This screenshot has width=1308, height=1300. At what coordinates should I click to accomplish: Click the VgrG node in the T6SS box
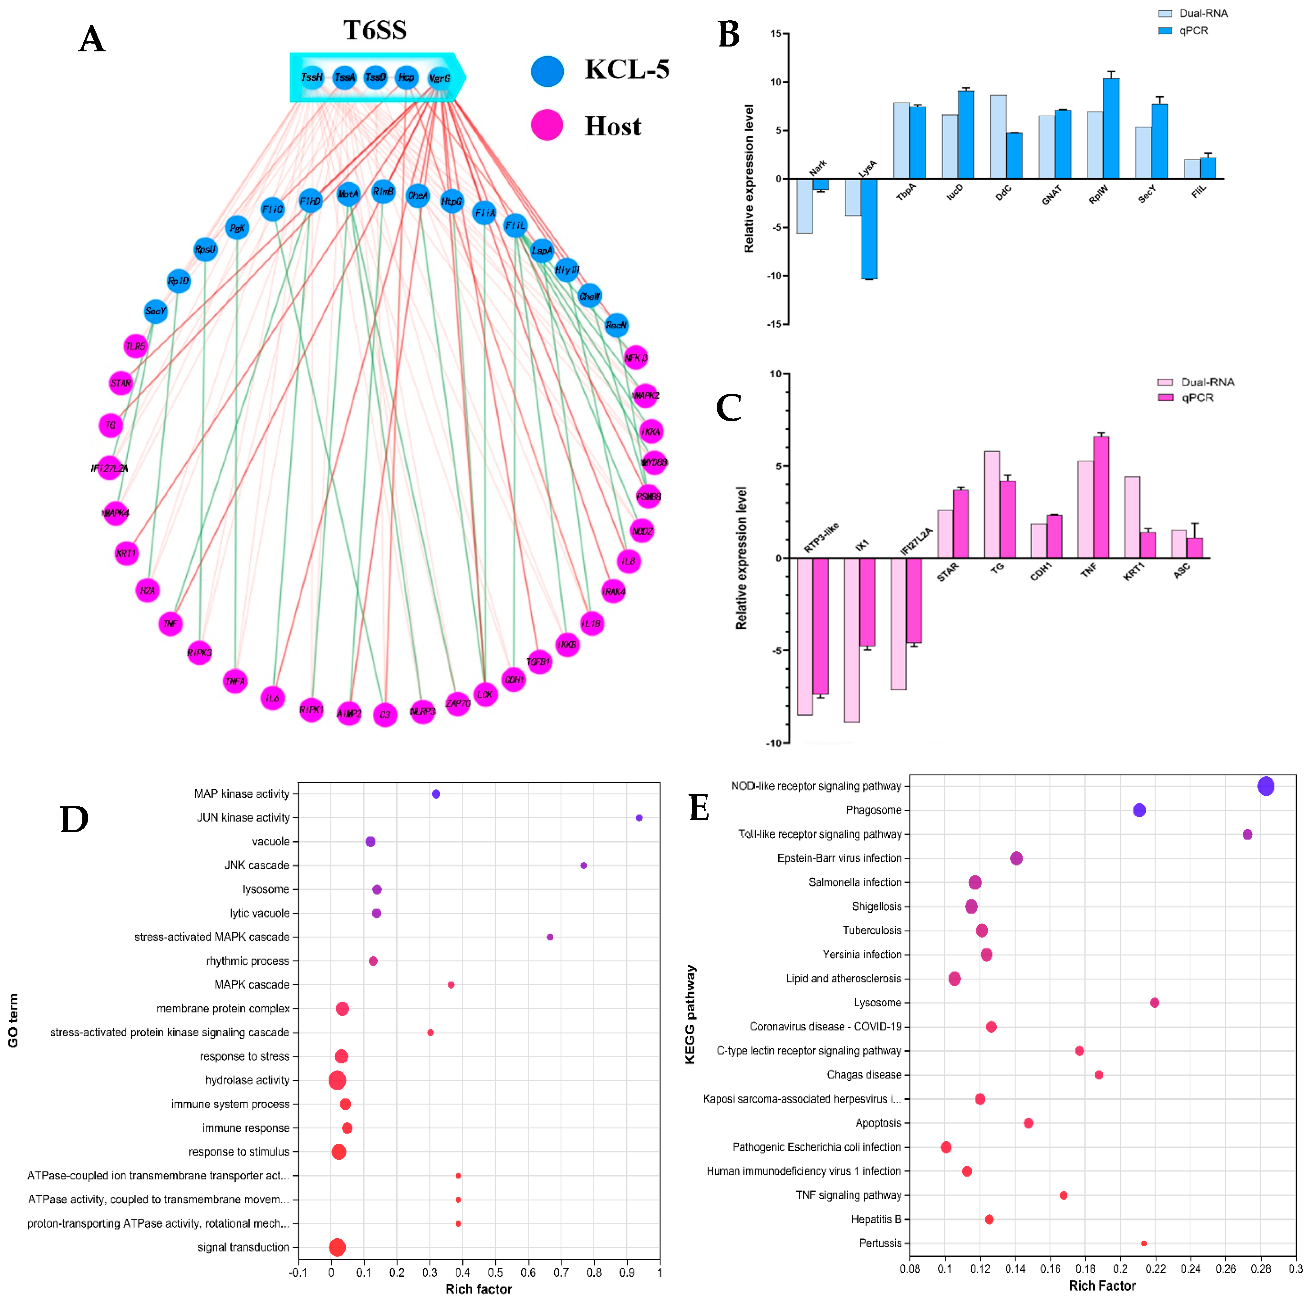point(439,78)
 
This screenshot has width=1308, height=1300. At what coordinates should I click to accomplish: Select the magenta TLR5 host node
point(135,346)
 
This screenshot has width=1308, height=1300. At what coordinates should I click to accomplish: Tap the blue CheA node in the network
point(418,196)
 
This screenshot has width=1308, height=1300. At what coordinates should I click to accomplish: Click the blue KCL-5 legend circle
point(547,71)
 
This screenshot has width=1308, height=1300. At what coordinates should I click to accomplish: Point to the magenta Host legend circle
point(547,125)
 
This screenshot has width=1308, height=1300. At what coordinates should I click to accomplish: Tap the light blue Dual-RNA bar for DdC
point(998,137)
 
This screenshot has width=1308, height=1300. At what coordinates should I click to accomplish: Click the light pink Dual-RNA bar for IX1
point(852,640)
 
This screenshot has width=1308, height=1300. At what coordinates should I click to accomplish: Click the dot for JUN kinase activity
point(638,818)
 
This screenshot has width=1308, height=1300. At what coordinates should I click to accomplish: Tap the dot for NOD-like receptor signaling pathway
point(1265,786)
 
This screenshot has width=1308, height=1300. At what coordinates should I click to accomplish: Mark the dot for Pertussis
point(1144,1243)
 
